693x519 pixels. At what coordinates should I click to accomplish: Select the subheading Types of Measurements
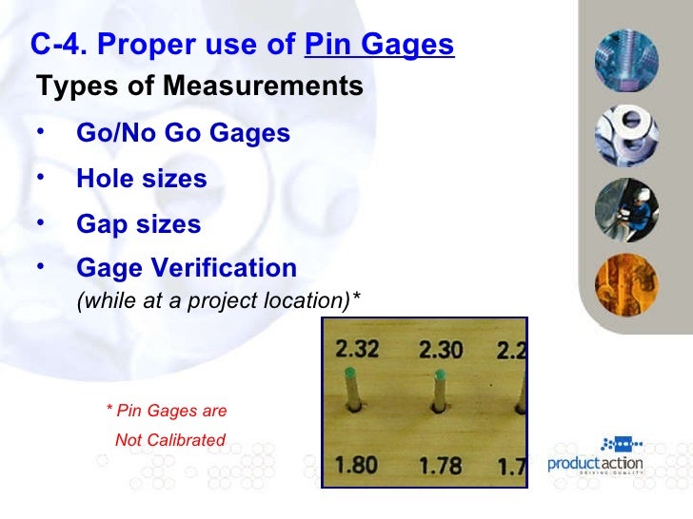(x=200, y=86)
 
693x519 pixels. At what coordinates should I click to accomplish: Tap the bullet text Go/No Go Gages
(x=183, y=133)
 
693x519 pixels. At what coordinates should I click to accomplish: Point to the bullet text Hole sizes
(x=141, y=179)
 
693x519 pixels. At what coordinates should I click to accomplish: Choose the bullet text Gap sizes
(x=138, y=225)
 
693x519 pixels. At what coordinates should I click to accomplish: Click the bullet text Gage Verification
(x=187, y=268)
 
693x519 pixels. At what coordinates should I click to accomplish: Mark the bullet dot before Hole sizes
(x=41, y=178)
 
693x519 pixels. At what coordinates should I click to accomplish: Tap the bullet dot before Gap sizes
(x=41, y=223)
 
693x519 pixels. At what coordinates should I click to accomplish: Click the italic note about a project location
(x=218, y=301)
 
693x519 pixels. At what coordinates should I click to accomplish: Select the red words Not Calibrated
(x=169, y=440)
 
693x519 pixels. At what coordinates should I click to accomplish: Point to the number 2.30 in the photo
(x=441, y=349)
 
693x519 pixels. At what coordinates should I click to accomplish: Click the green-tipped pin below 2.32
(x=352, y=390)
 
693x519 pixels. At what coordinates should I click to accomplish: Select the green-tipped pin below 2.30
(x=439, y=390)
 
